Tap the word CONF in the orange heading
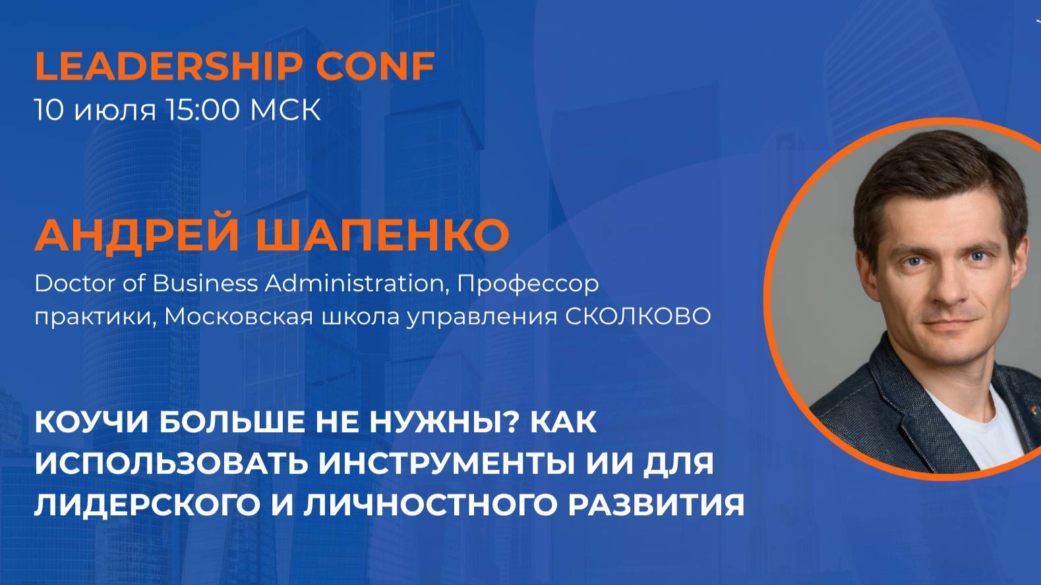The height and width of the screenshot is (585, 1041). point(375,66)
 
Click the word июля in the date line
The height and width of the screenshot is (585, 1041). point(115,112)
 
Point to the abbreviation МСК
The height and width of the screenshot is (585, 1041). point(285,110)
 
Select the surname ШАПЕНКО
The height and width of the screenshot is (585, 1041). point(382,235)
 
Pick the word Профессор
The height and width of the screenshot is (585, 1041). point(528,284)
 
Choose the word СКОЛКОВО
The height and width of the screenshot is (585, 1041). point(638,317)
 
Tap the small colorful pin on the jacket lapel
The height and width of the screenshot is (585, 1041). point(1034,411)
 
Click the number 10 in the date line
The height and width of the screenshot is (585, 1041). point(49,110)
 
